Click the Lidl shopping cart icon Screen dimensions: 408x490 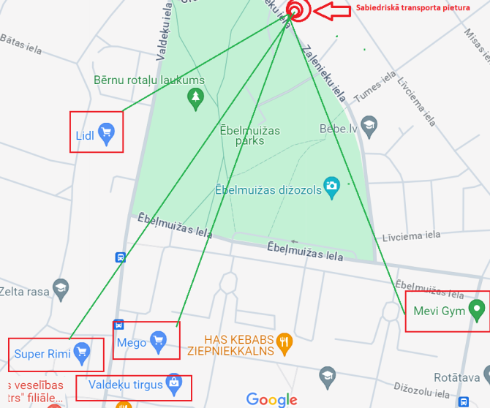pyautogui.click(x=107, y=134)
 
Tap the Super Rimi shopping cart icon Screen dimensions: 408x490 pyautogui.click(x=82, y=353)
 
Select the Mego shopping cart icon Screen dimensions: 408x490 pyautogui.click(x=159, y=341)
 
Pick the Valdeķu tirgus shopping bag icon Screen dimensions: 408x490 pyautogui.click(x=174, y=383)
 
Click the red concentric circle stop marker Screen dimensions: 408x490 pyautogui.click(x=296, y=10)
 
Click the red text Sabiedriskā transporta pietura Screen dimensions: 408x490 pyautogui.click(x=412, y=9)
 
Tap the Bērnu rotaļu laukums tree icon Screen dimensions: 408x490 pyautogui.click(x=195, y=98)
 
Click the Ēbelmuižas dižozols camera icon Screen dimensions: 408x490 pyautogui.click(x=332, y=186)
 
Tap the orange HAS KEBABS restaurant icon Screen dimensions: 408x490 pyautogui.click(x=285, y=340)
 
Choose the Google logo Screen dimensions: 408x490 pyautogui.click(x=271, y=399)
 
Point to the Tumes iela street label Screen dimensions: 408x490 pyautogui.click(x=375, y=86)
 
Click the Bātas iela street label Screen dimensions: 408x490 pyautogui.click(x=22, y=44)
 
